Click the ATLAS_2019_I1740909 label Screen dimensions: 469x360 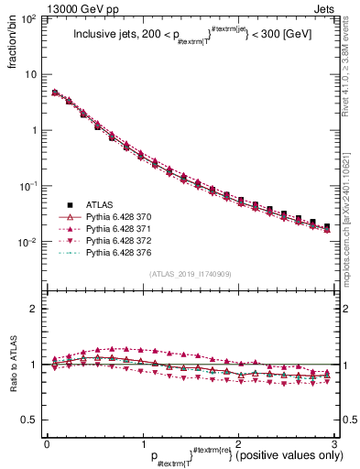click(x=191, y=274)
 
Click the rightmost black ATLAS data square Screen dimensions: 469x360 click(x=327, y=226)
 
